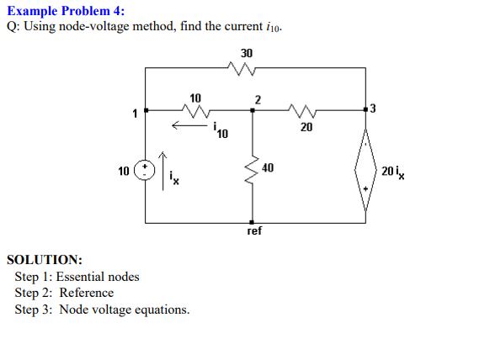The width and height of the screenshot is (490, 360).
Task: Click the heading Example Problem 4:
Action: click(65, 10)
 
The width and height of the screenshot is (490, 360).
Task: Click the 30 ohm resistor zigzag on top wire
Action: click(245, 70)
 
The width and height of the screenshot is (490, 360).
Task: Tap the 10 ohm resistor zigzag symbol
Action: click(194, 109)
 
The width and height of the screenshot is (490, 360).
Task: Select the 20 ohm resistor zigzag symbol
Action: click(304, 109)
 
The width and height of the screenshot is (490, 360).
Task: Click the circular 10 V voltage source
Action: click(146, 171)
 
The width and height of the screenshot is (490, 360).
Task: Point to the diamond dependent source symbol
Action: click(365, 171)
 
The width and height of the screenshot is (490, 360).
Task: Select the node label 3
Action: click(374, 109)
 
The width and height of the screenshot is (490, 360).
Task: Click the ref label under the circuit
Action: click(254, 230)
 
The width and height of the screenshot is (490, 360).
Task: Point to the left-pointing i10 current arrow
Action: click(187, 127)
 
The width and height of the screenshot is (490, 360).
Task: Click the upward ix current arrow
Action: click(166, 171)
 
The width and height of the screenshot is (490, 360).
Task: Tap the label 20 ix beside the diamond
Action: click(393, 172)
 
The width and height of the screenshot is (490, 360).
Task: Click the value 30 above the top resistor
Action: click(246, 53)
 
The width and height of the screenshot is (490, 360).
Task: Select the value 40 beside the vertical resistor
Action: click(268, 168)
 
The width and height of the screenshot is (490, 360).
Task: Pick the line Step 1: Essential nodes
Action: click(77, 277)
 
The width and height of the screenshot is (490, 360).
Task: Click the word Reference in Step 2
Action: click(86, 293)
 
